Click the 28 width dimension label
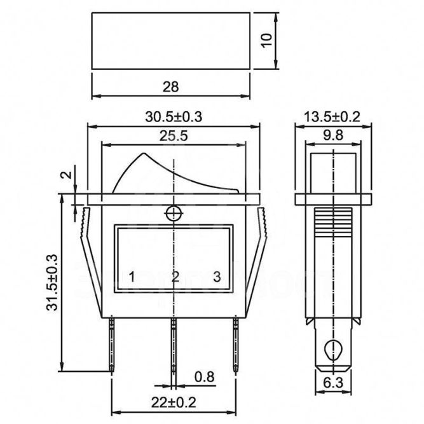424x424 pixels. click(x=170, y=87)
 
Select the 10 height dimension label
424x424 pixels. click(x=267, y=40)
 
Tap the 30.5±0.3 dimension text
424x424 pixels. click(x=174, y=117)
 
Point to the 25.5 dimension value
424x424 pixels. click(x=174, y=136)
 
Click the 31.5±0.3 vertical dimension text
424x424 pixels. click(x=52, y=283)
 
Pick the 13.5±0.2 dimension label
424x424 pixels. click(x=332, y=117)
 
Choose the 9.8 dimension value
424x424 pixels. click(x=333, y=135)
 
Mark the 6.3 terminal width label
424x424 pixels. click(x=333, y=383)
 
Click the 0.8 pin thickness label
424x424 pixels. click(x=204, y=377)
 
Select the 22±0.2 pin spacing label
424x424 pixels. click(x=174, y=402)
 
